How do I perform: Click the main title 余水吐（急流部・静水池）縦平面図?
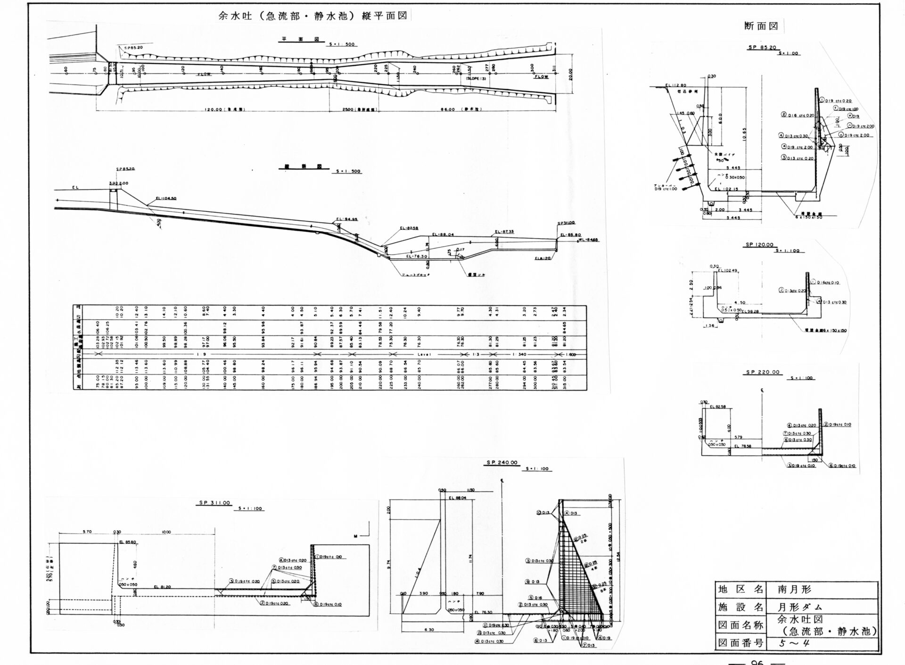coord(313,15)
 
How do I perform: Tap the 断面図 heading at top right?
coord(761,26)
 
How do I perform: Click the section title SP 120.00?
coord(759,245)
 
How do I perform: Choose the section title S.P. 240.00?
coord(502,463)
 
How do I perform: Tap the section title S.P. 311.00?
coord(214,503)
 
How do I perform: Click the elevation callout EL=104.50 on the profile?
coord(166,199)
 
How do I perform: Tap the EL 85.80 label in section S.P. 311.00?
coord(128,542)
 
